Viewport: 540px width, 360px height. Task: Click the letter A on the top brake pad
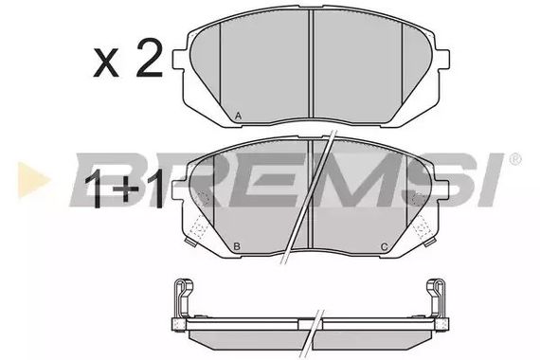pos(238,117)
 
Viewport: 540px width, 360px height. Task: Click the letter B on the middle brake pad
pos(237,246)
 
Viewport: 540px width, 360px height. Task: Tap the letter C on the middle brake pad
pos(385,246)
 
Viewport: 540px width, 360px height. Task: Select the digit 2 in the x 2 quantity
pos(149,58)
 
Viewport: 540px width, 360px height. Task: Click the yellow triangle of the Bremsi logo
pos(33,180)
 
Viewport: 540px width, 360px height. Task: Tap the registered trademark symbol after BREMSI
pos(514,159)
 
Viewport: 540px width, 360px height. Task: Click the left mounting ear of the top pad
pos(178,60)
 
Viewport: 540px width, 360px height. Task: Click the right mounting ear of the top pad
pos(442,60)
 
